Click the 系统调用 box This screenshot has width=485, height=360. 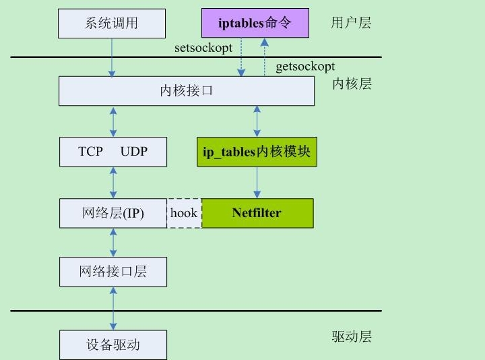point(112,24)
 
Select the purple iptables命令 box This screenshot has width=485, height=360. point(255,24)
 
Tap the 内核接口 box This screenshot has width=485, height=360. point(186,91)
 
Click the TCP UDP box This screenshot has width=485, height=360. point(112,152)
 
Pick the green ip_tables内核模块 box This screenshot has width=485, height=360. point(256,152)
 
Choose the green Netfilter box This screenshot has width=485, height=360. point(257,213)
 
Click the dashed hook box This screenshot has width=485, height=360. point(184,213)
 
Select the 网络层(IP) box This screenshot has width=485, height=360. point(112,213)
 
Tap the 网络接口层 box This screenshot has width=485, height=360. point(112,272)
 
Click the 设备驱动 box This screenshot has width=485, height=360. point(112,344)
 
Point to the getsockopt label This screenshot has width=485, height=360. point(305,67)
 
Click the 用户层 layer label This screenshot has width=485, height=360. point(351,24)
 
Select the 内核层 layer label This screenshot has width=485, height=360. point(352,84)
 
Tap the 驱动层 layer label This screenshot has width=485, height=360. point(352,337)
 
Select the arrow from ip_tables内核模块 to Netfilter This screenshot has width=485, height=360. point(256,182)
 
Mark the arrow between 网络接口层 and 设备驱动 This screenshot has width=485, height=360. point(112,308)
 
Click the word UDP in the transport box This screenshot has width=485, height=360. point(134,152)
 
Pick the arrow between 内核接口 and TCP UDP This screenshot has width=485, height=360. point(112,121)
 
